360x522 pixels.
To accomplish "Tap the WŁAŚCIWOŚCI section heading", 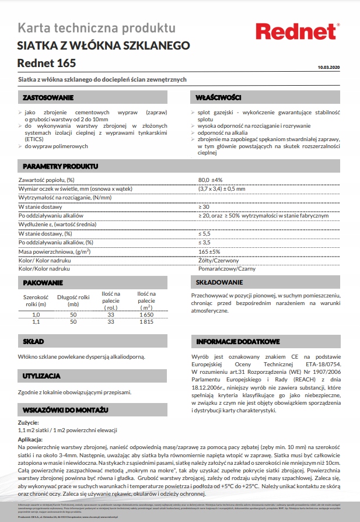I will (219, 97).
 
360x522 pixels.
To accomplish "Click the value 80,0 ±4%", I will (211, 180).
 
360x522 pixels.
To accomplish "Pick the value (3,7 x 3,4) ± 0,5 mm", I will (223, 188).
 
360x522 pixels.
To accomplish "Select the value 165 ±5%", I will (209, 251).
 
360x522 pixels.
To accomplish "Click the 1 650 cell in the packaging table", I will (146, 314).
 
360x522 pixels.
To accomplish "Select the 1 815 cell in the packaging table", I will (146, 321).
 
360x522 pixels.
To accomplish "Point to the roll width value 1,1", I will (36, 321).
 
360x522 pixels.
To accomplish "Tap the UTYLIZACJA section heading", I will (41, 377).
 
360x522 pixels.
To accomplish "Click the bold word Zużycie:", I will (29, 422).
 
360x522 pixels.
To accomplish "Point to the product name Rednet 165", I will (47, 62).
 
